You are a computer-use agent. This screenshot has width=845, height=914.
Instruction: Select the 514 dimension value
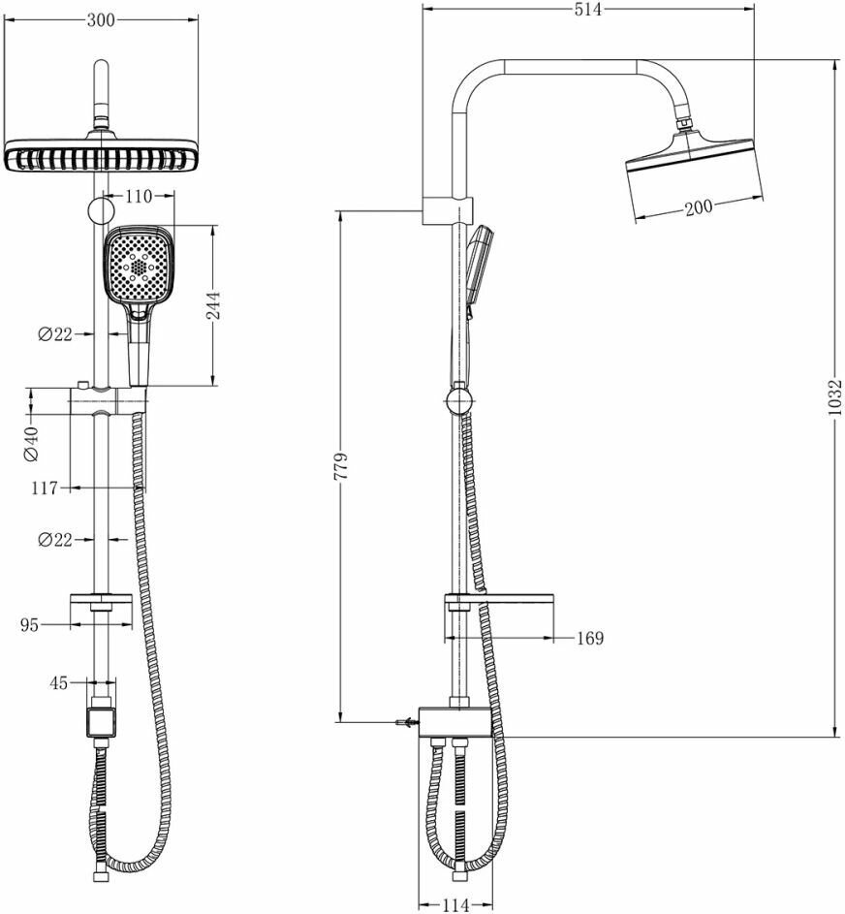coord(587,10)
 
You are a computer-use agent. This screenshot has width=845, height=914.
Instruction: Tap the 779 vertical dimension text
coord(340,466)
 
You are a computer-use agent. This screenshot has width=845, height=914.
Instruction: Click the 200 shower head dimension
coord(698,205)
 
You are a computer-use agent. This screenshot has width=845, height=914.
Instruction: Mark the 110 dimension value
coord(140,197)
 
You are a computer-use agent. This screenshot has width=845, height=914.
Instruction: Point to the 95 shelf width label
coord(30,625)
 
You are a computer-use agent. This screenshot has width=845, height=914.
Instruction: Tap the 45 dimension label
coord(58,682)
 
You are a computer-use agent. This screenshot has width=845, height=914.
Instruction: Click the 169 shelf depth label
coord(588,638)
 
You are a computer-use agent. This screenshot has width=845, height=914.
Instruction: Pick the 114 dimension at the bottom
coord(455,904)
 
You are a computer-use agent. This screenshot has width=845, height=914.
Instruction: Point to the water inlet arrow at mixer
coord(401,722)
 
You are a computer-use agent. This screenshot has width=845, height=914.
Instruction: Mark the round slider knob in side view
coord(459,398)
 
